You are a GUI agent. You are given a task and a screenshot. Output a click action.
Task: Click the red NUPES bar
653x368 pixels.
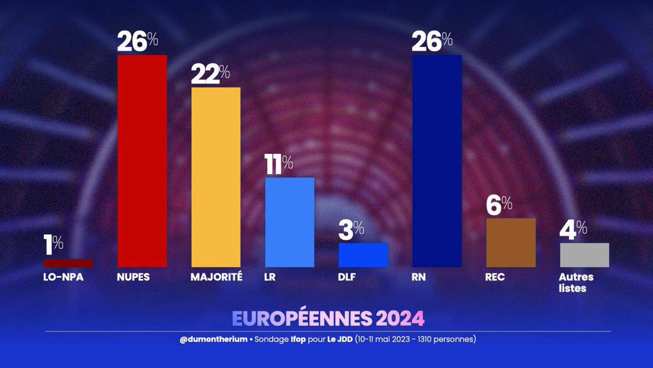[142, 161]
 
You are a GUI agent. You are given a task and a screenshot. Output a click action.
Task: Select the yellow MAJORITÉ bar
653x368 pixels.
[215, 177]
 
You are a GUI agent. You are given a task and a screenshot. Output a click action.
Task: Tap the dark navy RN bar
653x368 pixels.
[437, 161]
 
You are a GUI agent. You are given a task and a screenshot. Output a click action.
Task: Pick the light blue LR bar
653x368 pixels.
[289, 222]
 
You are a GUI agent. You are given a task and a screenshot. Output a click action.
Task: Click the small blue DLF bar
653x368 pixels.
[363, 254]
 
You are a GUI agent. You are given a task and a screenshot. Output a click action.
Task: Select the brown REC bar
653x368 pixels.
[510, 242]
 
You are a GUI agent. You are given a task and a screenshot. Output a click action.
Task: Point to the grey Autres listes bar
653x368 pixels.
[584, 254]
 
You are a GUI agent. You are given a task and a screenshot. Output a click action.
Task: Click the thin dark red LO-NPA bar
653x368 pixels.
[69, 263]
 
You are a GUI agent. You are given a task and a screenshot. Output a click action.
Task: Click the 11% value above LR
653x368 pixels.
[279, 166]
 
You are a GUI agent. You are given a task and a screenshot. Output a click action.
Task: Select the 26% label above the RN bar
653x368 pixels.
[432, 41]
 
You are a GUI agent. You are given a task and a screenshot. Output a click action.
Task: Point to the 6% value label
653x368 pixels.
[499, 206]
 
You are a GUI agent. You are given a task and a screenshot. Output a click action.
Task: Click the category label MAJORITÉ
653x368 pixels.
[216, 277]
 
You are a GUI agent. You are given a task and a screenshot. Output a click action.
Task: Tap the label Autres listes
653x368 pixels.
[576, 283]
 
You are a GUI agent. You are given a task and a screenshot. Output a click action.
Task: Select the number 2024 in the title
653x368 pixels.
[399, 318]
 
